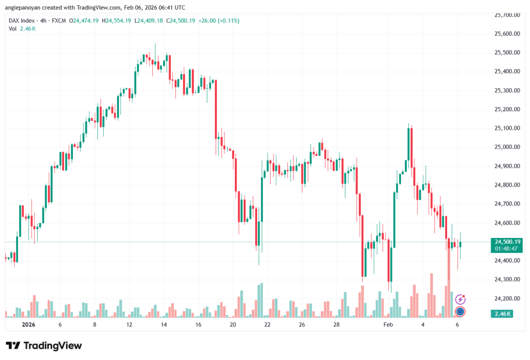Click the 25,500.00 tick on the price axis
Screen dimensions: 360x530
click(507, 53)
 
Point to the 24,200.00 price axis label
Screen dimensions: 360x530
click(507, 298)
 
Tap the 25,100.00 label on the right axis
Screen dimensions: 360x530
click(507, 128)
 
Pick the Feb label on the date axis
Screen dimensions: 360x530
click(388, 325)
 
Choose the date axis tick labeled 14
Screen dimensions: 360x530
click(164, 325)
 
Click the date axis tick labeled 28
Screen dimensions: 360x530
click(336, 325)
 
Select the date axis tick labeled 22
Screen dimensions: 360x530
click(267, 325)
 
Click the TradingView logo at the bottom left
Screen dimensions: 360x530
click(43, 346)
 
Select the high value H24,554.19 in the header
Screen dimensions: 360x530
click(117, 21)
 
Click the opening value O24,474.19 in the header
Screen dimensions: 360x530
click(84, 21)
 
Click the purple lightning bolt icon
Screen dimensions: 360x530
click(460, 299)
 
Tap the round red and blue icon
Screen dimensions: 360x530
click(460, 311)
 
